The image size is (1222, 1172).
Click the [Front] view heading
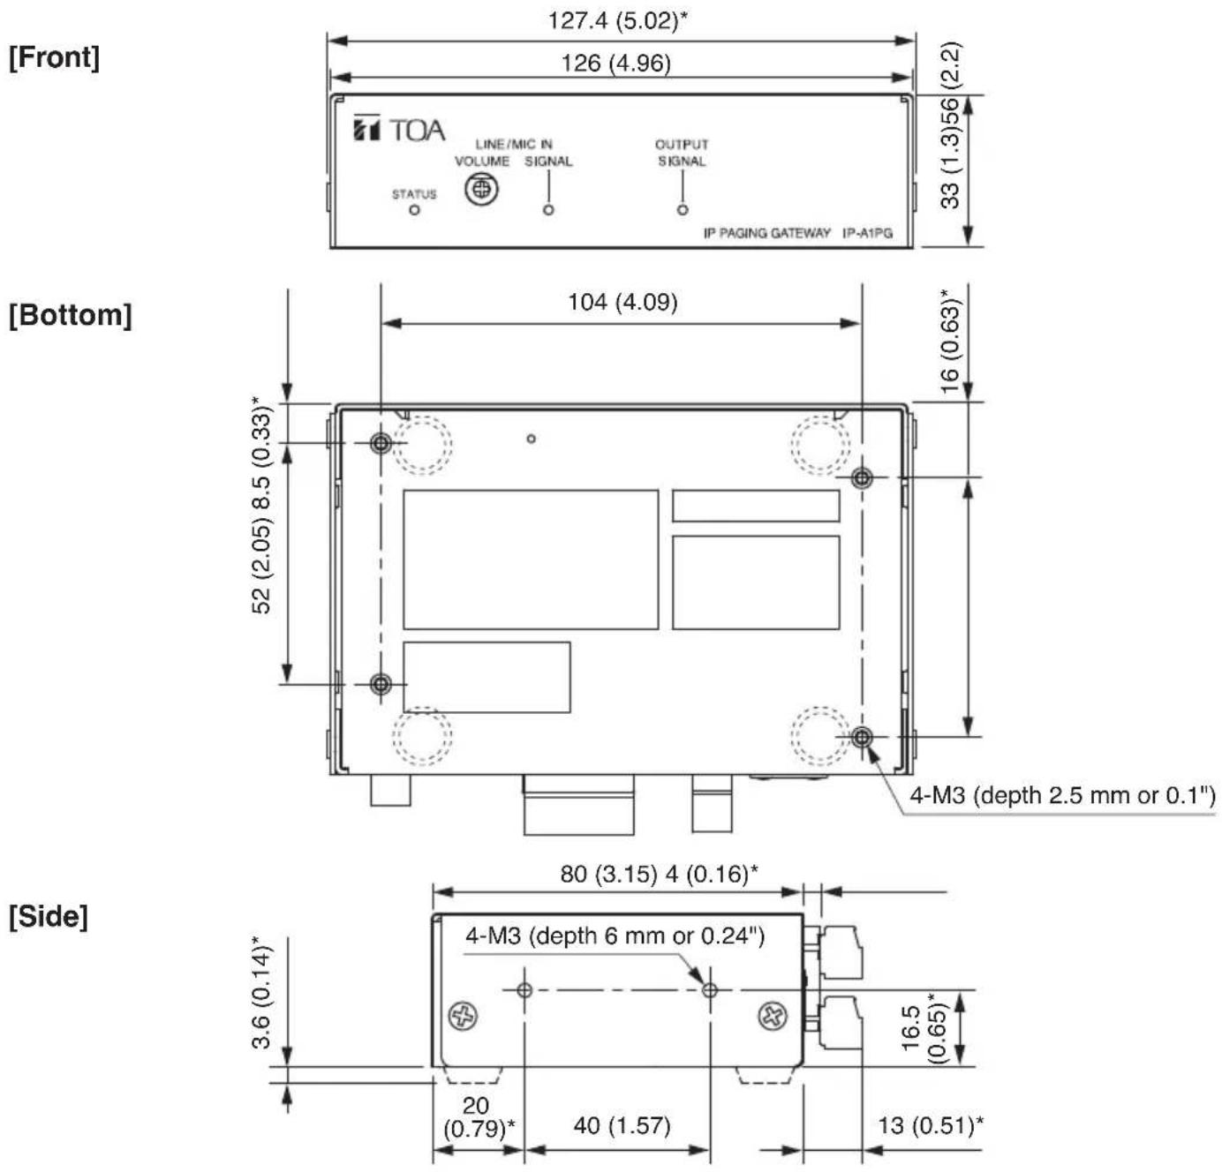(x=54, y=57)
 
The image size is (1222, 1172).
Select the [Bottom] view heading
(x=71, y=314)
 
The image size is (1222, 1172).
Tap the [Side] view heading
(x=49, y=917)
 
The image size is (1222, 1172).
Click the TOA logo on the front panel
(x=399, y=130)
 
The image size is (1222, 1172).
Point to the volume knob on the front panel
(x=481, y=188)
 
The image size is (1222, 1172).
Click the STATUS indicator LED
(x=414, y=210)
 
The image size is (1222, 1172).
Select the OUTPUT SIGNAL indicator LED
(x=683, y=210)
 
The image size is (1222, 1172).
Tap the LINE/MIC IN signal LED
(x=548, y=210)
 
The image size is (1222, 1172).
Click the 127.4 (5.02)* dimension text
(x=617, y=20)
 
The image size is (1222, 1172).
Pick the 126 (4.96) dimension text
(x=616, y=63)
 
